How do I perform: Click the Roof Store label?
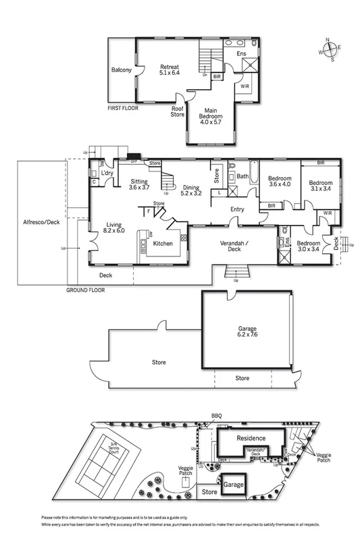pyautogui.click(x=178, y=111)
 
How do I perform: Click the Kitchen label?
pyautogui.click(x=163, y=244)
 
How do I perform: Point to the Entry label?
pyautogui.click(x=237, y=210)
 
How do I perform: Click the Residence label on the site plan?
pyautogui.click(x=251, y=438)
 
